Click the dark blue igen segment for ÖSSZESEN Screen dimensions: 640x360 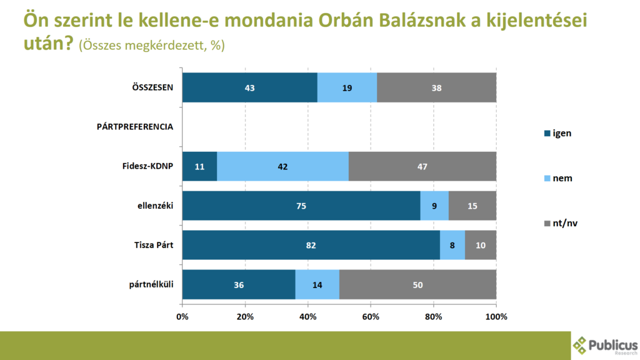pyautogui.click(x=250, y=87)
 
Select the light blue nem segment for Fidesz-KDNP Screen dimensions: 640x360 pyautogui.click(x=282, y=166)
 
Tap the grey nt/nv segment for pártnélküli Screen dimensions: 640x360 pyautogui.click(x=417, y=284)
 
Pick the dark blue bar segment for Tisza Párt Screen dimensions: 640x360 pyautogui.click(x=311, y=245)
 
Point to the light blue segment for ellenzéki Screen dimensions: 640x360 pyautogui.click(x=434, y=206)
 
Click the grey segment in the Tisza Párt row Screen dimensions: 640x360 pyautogui.click(x=481, y=245)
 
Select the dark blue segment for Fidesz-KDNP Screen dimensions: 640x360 pyautogui.click(x=199, y=166)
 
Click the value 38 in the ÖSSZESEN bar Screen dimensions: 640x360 pyautogui.click(x=436, y=87)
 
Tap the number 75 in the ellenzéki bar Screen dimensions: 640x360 pyautogui.click(x=301, y=206)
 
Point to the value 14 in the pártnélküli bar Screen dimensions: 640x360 pyautogui.click(x=317, y=285)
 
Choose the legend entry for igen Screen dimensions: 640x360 pyautogui.click(x=557, y=134)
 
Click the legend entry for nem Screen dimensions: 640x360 pyautogui.click(x=558, y=178)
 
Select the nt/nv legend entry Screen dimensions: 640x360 pyautogui.click(x=561, y=223)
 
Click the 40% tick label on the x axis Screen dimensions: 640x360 pyautogui.click(x=307, y=317)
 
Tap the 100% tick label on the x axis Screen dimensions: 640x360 pyautogui.click(x=496, y=317)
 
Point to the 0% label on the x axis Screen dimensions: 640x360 pyautogui.click(x=182, y=317)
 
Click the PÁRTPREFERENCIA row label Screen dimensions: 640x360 pyautogui.click(x=135, y=127)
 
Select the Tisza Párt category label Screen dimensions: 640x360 pyautogui.click(x=154, y=245)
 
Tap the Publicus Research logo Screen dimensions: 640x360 pyautogui.click(x=605, y=346)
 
